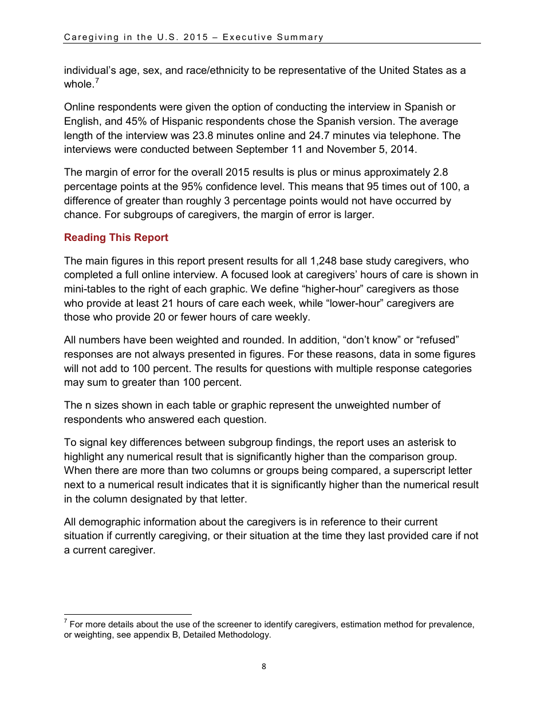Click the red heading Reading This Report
pos(116,238)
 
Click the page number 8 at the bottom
pos(263,666)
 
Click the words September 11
pos(277,149)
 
